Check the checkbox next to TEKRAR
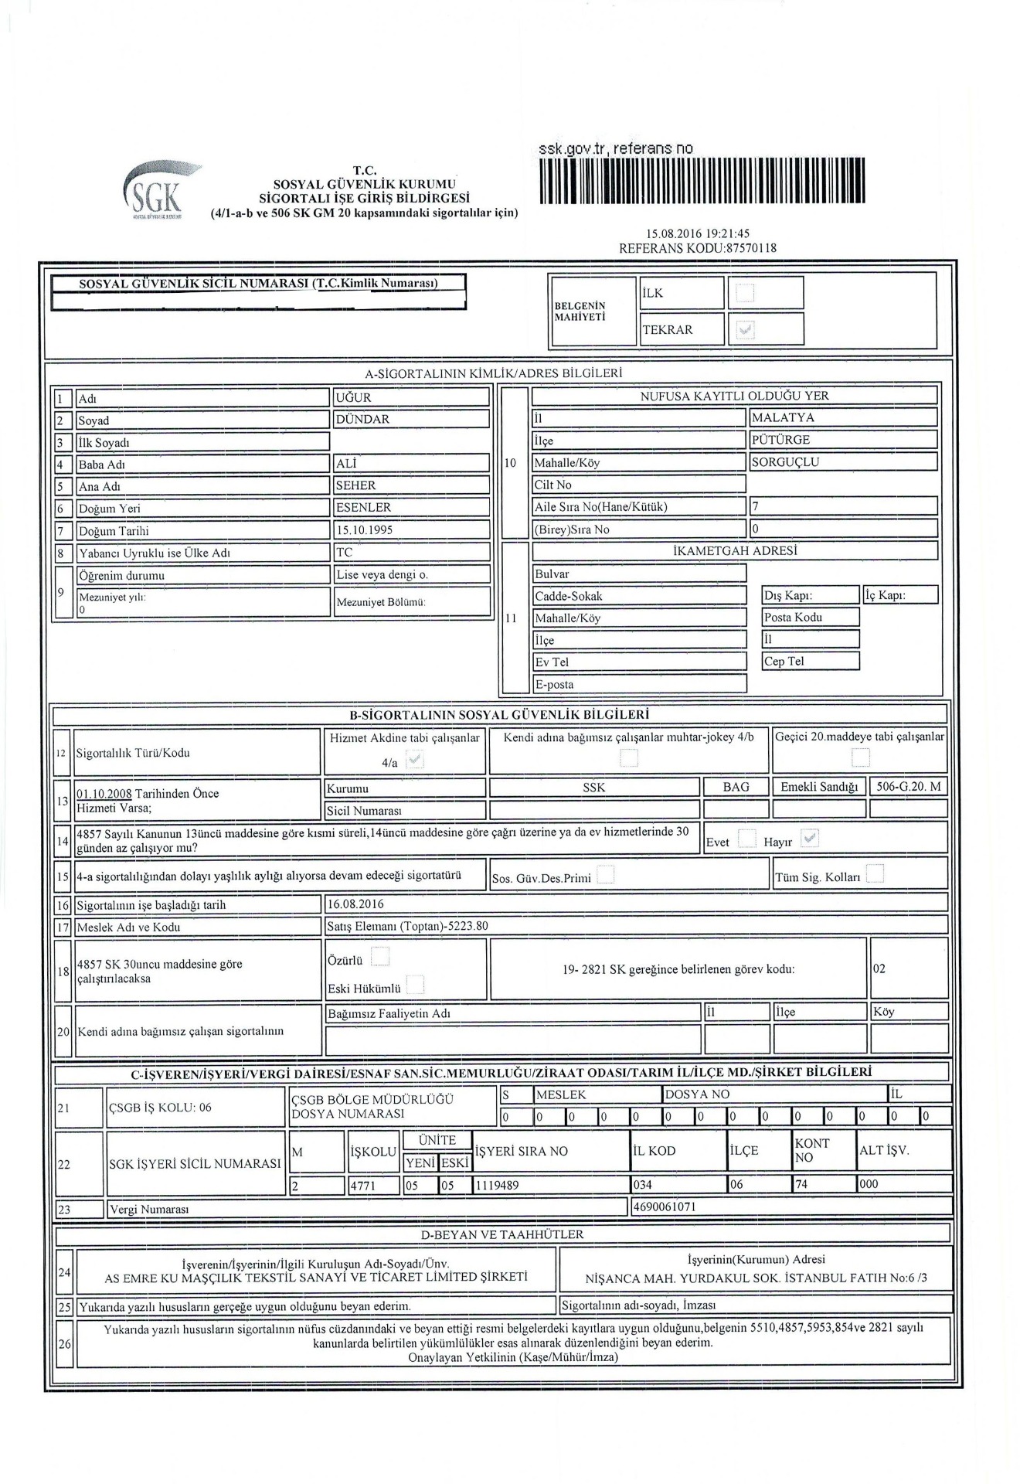click(x=745, y=330)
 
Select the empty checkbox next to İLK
click(x=745, y=293)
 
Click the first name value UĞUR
click(x=354, y=397)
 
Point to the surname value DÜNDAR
click(x=363, y=419)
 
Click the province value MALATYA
click(x=783, y=417)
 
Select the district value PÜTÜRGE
click(x=781, y=440)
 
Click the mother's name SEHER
click(x=355, y=485)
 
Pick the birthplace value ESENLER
click(x=363, y=508)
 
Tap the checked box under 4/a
click(x=415, y=761)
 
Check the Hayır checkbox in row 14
click(x=810, y=838)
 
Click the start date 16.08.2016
click(x=355, y=904)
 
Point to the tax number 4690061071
click(x=664, y=1207)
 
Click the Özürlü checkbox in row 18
click(x=379, y=958)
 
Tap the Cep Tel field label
click(x=784, y=662)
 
